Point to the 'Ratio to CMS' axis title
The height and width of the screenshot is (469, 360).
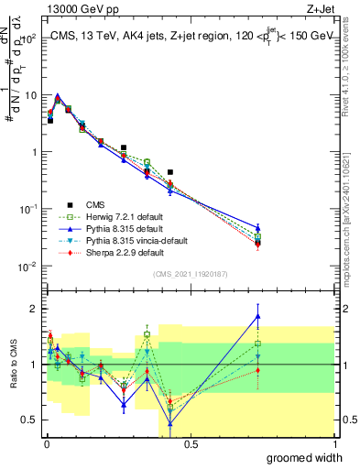[16, 363]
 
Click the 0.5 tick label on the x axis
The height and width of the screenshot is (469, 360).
[190, 444]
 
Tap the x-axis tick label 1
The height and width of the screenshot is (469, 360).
[334, 444]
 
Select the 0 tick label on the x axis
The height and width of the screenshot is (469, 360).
[45, 444]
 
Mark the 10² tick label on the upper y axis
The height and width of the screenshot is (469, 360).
[30, 38]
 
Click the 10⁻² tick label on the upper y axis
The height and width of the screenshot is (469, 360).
[30, 267]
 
